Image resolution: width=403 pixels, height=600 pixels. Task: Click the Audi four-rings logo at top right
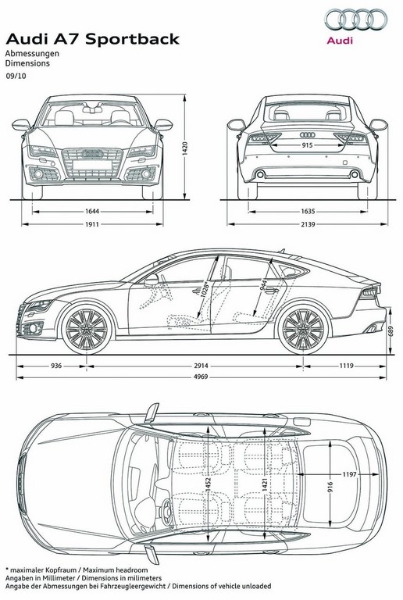[356, 20]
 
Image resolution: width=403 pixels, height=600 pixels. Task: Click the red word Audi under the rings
[340, 40]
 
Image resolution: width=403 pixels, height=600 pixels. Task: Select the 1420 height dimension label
[185, 148]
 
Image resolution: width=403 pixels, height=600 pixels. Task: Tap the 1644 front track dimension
[92, 211]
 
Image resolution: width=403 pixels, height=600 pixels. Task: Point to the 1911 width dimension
[92, 224]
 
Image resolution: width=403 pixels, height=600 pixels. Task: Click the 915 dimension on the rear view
[307, 145]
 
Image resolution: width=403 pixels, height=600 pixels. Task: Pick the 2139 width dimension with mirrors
[308, 224]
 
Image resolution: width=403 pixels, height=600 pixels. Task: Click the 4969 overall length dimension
[201, 377]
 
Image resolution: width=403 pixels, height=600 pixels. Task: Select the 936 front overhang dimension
[56, 366]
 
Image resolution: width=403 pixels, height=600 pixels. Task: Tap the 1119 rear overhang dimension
[347, 366]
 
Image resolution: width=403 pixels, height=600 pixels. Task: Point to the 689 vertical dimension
[391, 331]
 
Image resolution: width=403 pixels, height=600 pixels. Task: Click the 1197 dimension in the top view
[349, 474]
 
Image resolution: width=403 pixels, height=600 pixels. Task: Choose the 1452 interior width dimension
[209, 486]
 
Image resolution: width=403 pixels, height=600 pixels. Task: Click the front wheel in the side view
[87, 329]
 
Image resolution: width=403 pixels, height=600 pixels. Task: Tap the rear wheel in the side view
[303, 329]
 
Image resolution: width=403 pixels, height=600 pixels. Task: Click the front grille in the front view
[92, 163]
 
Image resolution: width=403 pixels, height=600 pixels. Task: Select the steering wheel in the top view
[166, 512]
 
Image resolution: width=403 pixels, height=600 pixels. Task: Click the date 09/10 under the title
[16, 76]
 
